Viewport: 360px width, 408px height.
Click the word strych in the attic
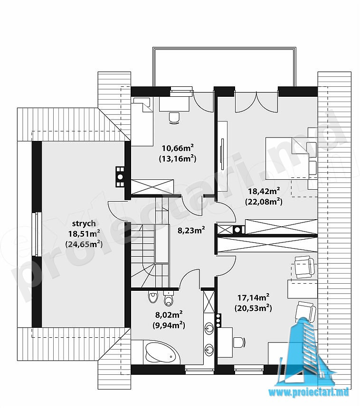pos(84,223)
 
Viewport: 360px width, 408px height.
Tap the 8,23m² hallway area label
pos(191,230)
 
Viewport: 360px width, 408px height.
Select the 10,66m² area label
pos(178,148)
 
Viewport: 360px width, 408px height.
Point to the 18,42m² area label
pos(264,191)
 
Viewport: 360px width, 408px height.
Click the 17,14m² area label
pos(253,297)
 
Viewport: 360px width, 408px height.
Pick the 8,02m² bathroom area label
pos(169,315)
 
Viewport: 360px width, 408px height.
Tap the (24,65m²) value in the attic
pos(84,244)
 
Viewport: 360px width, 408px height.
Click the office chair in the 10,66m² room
pos(174,118)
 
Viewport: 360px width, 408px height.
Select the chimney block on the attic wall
pos(120,176)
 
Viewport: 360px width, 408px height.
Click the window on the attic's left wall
pos(38,234)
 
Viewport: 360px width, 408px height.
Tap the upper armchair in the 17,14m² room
pos(304,266)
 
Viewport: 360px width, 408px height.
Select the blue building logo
pos(307,356)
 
